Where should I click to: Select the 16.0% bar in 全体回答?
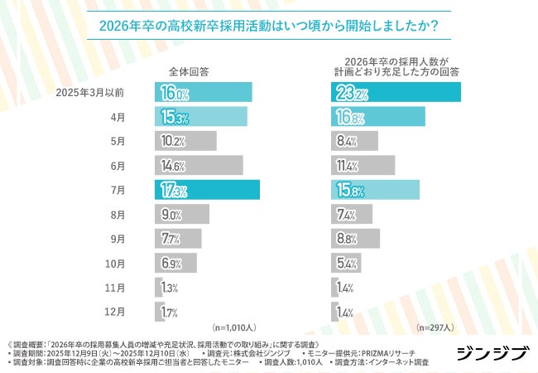203,92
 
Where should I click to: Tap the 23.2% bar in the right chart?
396,92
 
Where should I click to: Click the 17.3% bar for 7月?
207,190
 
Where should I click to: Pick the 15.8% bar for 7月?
375,190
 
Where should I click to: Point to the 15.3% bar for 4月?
200,116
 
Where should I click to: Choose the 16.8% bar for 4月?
378,116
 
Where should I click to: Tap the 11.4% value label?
345,166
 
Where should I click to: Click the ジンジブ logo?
492,354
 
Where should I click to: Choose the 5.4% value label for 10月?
345,264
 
